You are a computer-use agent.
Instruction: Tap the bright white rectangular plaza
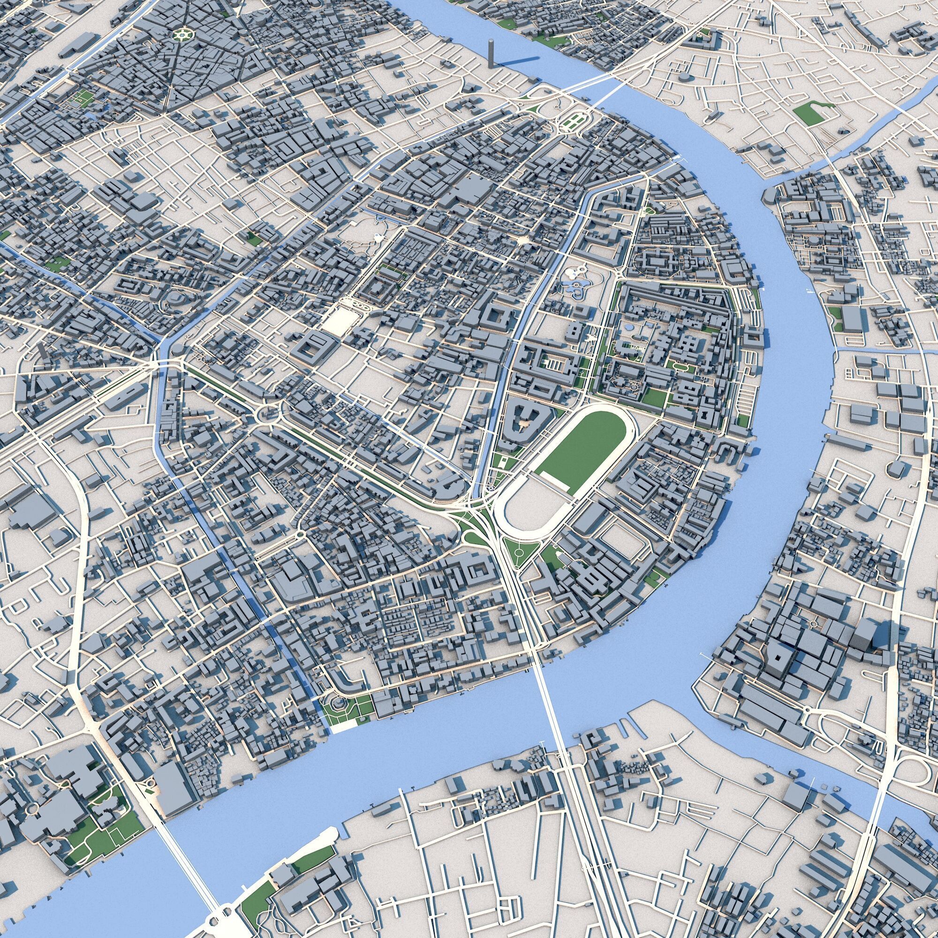click(x=341, y=321)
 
